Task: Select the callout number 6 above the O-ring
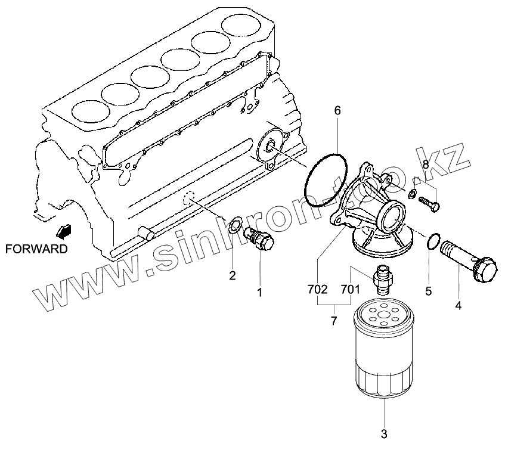click(x=337, y=110)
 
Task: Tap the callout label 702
click(x=317, y=290)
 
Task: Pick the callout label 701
click(x=350, y=290)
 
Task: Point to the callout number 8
click(x=425, y=163)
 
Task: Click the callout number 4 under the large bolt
click(x=458, y=306)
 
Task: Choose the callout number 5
click(x=428, y=291)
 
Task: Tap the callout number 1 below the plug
click(x=259, y=292)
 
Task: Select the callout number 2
click(x=233, y=275)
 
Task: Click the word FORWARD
click(x=36, y=249)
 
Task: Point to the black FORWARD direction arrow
click(x=61, y=230)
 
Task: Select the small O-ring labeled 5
click(x=434, y=241)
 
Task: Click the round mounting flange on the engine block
click(x=269, y=146)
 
